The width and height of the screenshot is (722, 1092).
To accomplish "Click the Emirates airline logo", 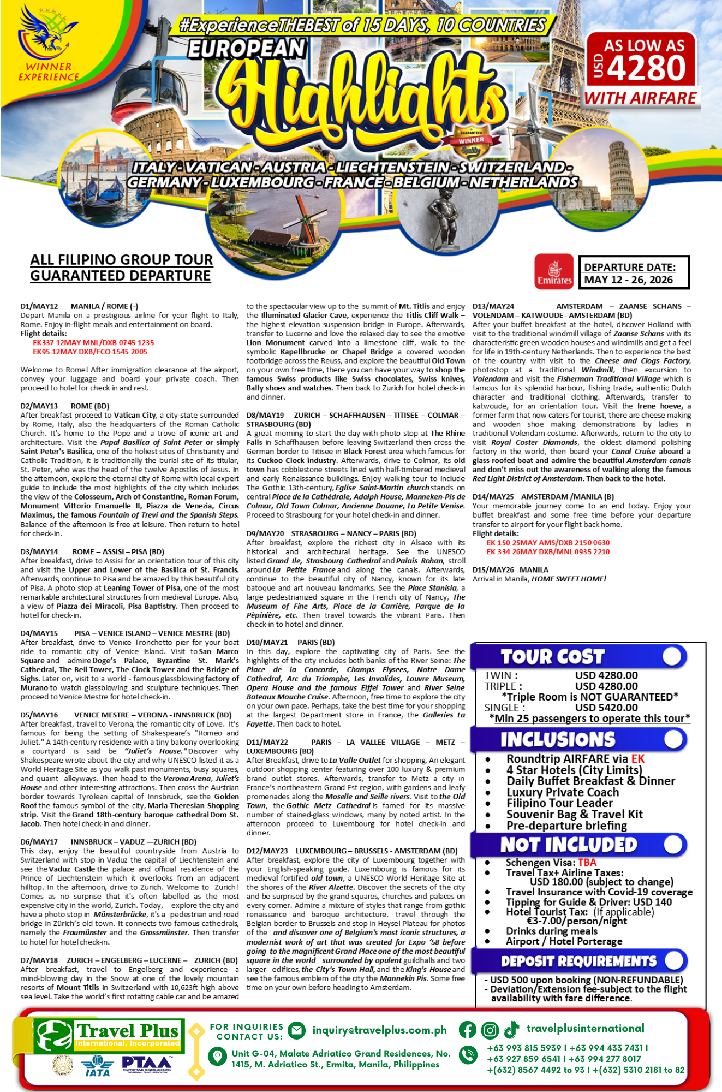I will tap(554, 271).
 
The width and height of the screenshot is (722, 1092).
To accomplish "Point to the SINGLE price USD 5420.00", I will tap(606, 708).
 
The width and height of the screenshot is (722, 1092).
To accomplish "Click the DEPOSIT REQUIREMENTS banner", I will tap(578, 961).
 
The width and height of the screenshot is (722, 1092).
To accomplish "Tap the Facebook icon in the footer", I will tap(467, 1030).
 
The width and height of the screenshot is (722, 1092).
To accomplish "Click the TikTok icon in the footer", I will tap(511, 1030).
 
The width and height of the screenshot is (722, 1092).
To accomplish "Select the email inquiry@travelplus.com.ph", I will tap(379, 1030).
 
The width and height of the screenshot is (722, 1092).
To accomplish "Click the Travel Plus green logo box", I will tap(109, 1036).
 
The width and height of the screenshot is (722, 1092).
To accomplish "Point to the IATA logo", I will tap(97, 1065).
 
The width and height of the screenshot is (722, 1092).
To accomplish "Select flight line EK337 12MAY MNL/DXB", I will tap(93, 343).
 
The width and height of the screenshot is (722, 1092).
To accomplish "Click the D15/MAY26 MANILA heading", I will tap(510, 570).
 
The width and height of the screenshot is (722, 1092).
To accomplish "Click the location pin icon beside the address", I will tap(217, 1056).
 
